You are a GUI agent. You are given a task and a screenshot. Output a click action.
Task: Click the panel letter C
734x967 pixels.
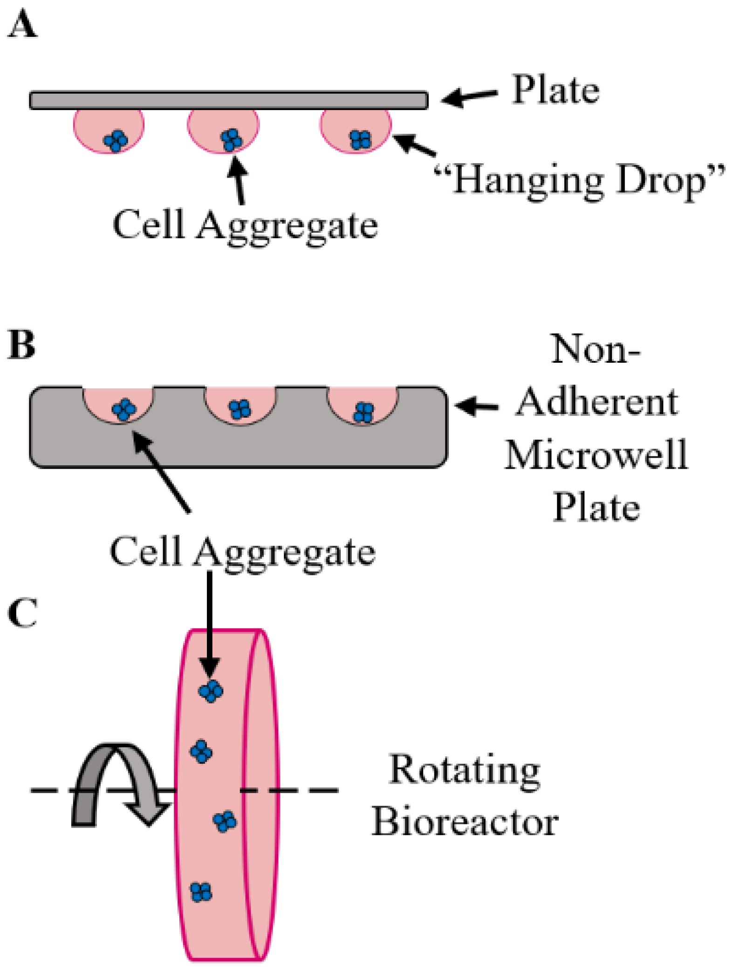tap(22, 613)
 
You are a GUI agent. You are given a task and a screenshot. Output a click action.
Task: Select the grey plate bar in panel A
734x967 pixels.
tap(228, 100)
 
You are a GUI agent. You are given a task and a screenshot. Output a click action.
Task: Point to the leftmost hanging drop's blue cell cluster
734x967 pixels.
tap(116, 140)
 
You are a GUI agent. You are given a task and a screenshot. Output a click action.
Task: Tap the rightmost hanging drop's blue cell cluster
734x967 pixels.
tap(360, 139)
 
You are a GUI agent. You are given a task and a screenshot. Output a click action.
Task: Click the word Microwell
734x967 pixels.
tap(597, 455)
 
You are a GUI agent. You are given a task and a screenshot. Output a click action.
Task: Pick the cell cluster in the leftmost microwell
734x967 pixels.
tap(123, 409)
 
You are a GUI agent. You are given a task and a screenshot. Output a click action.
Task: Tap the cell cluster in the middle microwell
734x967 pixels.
tap(240, 409)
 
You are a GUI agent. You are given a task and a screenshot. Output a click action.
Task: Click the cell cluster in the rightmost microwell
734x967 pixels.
tap(364, 412)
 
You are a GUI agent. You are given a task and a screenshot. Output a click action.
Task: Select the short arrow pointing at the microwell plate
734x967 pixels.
tap(476, 406)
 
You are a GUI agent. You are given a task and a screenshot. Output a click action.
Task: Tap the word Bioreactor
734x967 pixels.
tap(465, 822)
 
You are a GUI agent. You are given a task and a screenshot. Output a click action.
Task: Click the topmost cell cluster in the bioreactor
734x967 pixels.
tap(211, 691)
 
